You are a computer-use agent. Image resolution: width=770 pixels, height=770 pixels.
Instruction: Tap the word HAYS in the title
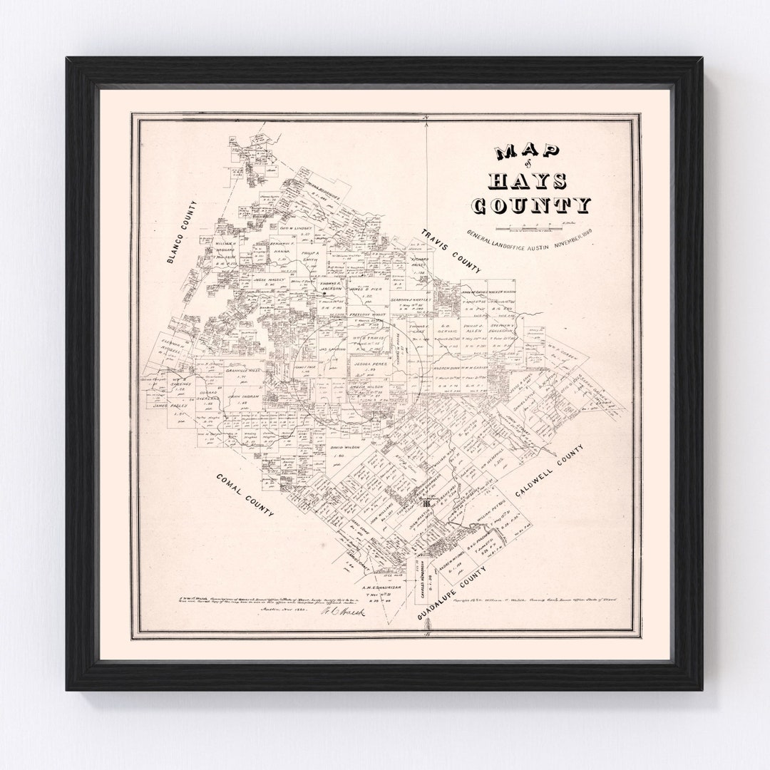pos(529,179)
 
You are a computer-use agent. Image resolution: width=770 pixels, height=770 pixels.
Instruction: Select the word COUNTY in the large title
pos(531,205)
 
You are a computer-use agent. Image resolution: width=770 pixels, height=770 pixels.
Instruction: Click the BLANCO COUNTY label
pos(182,232)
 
